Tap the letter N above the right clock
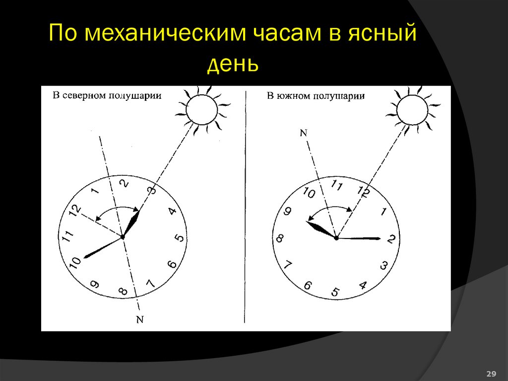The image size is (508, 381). [304, 133]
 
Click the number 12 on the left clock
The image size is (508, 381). [75, 210]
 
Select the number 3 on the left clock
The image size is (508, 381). [153, 190]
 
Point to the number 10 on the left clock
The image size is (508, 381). [75, 263]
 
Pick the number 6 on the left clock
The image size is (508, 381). [173, 264]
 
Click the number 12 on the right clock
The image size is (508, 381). [363, 192]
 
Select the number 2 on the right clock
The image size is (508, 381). [390, 239]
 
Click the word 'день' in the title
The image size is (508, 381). [233, 65]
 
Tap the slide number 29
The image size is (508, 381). [492, 373]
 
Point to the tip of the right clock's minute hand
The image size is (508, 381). [380, 239]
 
